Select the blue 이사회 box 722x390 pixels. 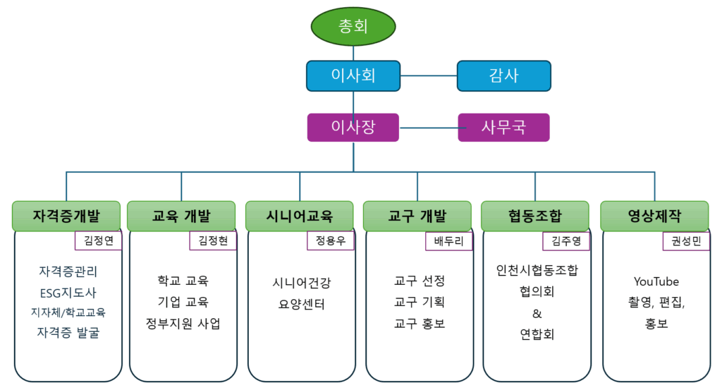(x=353, y=75)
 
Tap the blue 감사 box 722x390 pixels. (x=503, y=75)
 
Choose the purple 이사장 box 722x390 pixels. (x=353, y=128)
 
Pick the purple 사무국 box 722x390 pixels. (x=503, y=128)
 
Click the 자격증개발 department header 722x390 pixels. (x=66, y=216)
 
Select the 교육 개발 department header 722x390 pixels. (x=181, y=216)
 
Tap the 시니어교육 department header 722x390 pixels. (x=300, y=216)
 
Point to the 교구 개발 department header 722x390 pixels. (x=417, y=216)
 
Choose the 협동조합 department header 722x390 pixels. (x=534, y=216)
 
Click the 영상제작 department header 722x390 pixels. (x=654, y=216)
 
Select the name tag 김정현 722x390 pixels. (x=213, y=240)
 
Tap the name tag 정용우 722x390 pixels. (x=331, y=240)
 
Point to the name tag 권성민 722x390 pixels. (x=685, y=240)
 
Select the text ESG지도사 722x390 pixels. (x=68, y=293)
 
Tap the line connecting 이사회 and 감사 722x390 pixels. (x=429, y=75)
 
